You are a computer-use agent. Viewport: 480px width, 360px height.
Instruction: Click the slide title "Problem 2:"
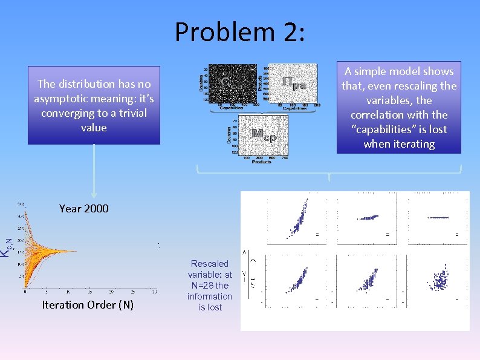pos(240,31)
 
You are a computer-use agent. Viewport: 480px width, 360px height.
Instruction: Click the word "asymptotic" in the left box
pos(62,99)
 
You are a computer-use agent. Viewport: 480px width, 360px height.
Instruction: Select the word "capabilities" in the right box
pos(399,129)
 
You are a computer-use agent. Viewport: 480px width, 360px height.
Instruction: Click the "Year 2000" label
pos(84,209)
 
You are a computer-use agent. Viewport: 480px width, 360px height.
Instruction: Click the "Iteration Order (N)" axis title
pos(88,305)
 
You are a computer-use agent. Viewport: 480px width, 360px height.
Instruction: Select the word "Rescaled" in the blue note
pos(210,264)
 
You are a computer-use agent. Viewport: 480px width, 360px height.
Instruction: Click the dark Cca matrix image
pos(230,82)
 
